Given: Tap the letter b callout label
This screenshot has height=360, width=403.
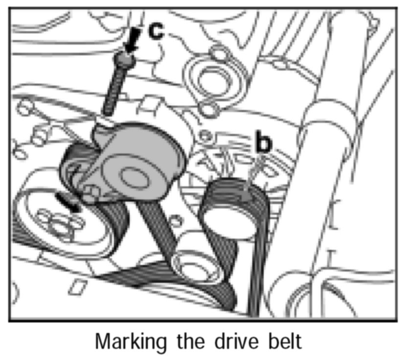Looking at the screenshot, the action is (263, 143).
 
